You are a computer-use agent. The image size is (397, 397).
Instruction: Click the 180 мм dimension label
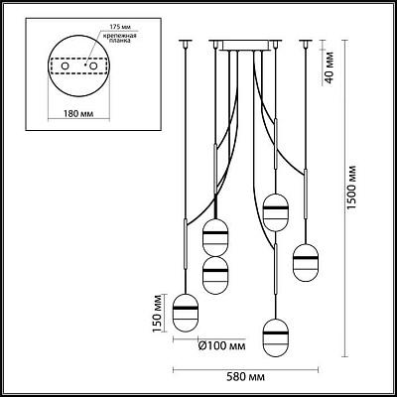click(x=78, y=114)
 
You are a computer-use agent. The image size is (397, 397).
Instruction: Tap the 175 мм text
click(x=117, y=27)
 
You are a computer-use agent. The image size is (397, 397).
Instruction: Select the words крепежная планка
click(x=120, y=39)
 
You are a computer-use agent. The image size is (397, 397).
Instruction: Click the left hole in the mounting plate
click(x=65, y=66)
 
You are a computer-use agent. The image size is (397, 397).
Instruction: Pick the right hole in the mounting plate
click(x=93, y=66)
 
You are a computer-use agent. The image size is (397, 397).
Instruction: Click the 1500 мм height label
click(x=351, y=187)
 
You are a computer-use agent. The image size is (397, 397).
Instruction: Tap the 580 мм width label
click(x=245, y=377)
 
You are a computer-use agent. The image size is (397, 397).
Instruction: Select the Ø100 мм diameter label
click(x=221, y=346)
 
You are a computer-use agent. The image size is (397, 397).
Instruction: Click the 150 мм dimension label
click(x=158, y=314)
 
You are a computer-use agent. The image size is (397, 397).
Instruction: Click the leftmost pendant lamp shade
click(x=186, y=313)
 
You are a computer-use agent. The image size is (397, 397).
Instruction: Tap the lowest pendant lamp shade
click(x=275, y=337)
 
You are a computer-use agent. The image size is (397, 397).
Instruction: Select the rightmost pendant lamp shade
click(x=306, y=263)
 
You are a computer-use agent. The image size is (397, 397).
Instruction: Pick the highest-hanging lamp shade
click(x=275, y=212)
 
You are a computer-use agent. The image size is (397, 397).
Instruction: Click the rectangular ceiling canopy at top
click(x=245, y=46)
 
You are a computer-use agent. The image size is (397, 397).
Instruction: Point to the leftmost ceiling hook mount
click(x=186, y=43)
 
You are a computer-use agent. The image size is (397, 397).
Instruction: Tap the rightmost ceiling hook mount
click(x=306, y=43)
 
